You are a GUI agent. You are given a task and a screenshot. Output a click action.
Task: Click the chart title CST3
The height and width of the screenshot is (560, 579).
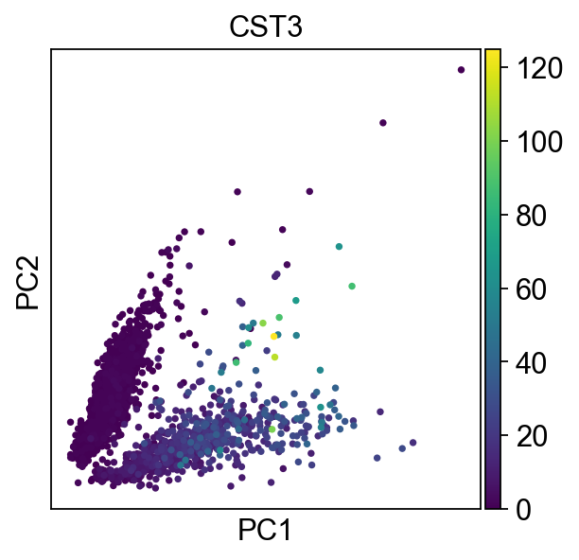click(x=265, y=27)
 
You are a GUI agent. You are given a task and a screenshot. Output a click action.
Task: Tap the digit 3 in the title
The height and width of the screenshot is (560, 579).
click(x=293, y=27)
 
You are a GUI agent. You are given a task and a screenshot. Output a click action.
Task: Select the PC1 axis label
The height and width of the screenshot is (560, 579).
click(x=265, y=532)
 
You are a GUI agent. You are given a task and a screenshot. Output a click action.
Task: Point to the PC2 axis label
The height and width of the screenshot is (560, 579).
click(x=27, y=279)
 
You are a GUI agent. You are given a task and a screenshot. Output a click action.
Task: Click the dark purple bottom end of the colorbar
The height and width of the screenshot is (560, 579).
click(x=492, y=504)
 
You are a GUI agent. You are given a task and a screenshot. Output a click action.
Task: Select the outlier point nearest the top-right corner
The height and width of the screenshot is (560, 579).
click(x=461, y=69)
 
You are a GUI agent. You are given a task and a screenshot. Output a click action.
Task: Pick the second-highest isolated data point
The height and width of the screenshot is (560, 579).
click(x=383, y=122)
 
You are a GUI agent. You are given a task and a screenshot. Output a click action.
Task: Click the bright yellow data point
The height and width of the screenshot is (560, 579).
click(x=273, y=336)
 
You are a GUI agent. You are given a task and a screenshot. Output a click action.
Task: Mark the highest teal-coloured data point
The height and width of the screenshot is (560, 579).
click(x=339, y=247)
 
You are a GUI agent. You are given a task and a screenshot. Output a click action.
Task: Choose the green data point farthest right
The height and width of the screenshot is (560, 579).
click(x=352, y=286)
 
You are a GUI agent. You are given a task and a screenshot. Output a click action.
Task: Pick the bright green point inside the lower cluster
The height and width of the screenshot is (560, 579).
click(x=272, y=429)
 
